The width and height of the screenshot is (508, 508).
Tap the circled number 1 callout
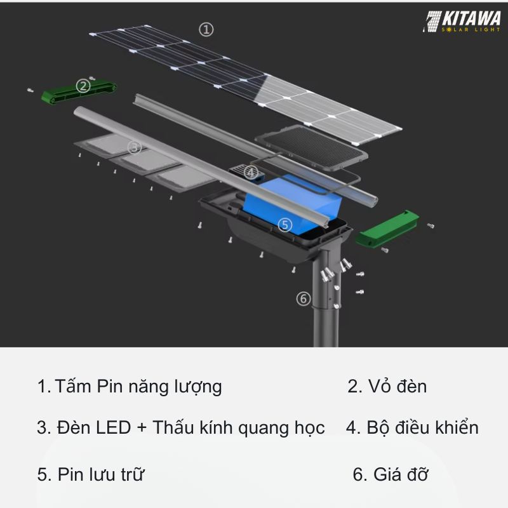pyautogui.click(x=206, y=29)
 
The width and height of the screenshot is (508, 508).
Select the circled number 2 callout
pyautogui.click(x=83, y=86)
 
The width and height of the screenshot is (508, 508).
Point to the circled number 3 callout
pyautogui.click(x=134, y=147)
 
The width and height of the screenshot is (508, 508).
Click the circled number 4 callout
pyautogui.click(x=251, y=172)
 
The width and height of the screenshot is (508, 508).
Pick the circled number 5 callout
pyautogui.click(x=285, y=224)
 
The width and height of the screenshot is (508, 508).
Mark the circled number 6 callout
pyautogui.click(x=304, y=298)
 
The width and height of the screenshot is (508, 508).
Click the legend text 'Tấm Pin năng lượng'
pyautogui.click(x=138, y=386)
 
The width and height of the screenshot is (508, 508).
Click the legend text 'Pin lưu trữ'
pyautogui.click(x=100, y=474)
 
